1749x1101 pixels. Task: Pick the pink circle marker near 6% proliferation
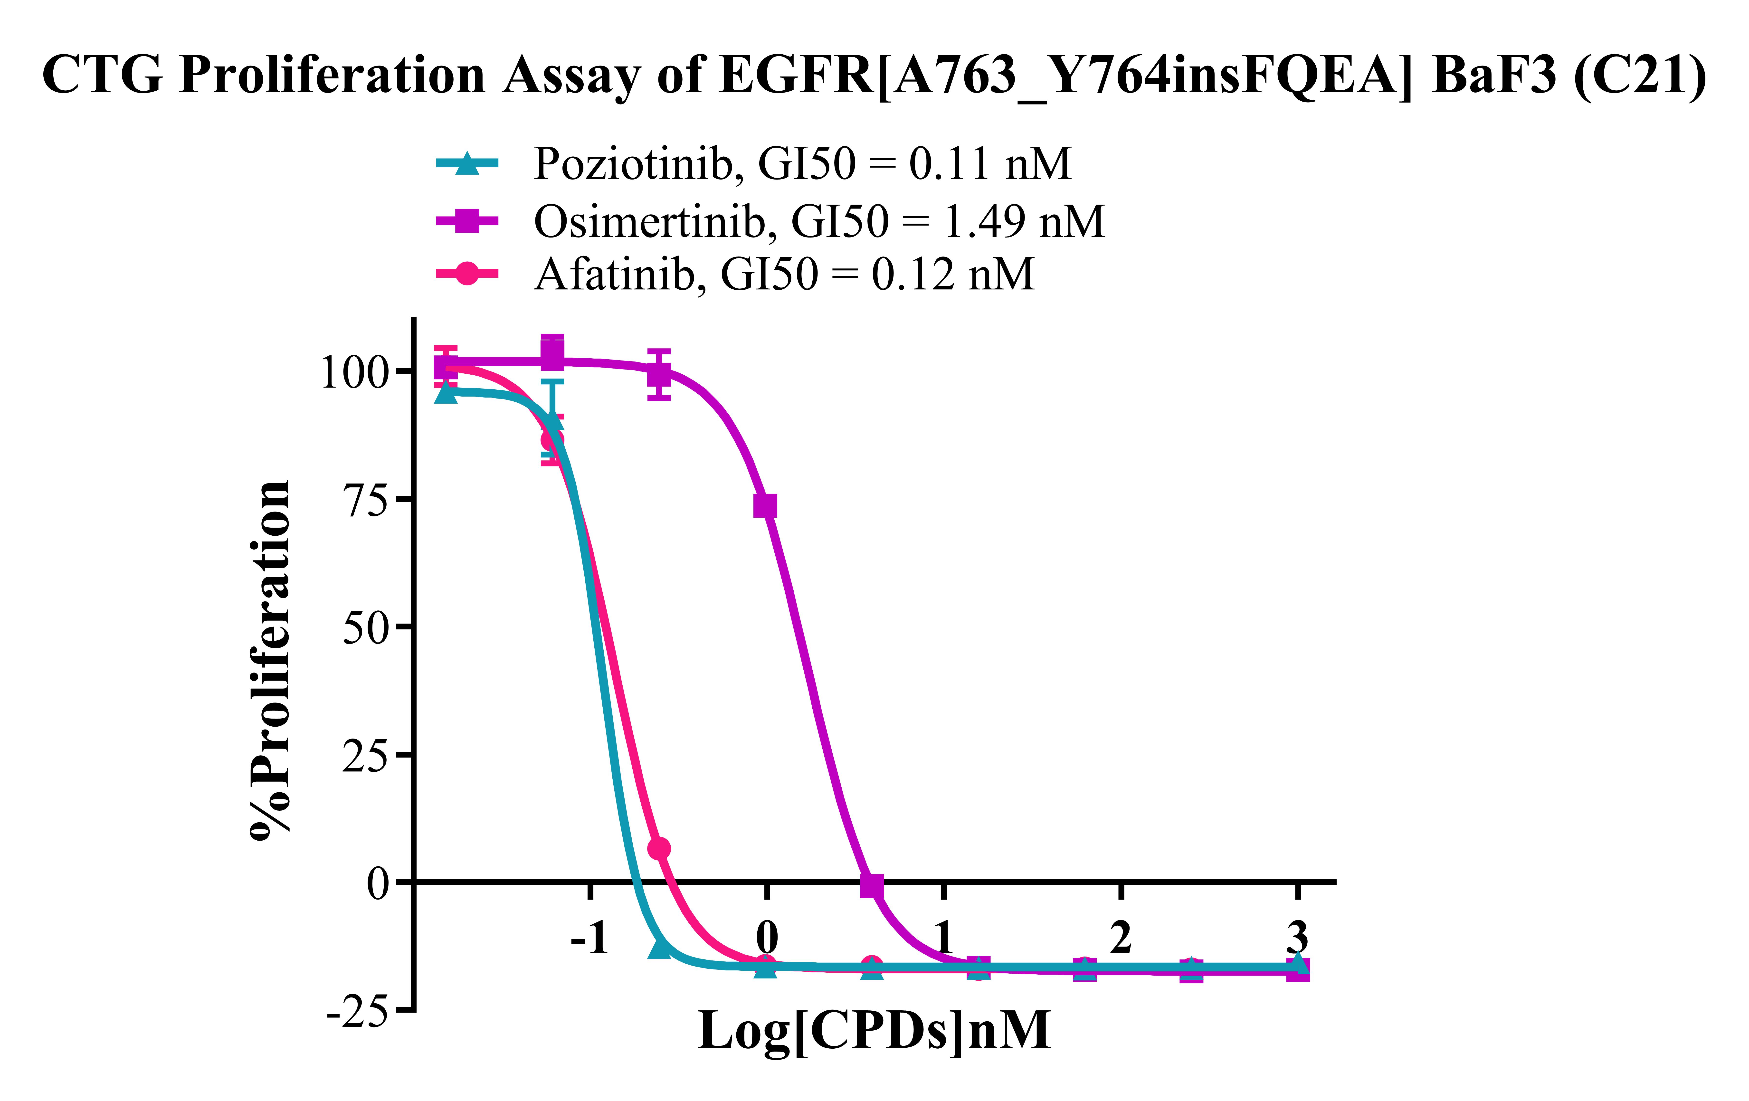(659, 848)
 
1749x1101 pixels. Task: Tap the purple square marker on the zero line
(872, 886)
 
